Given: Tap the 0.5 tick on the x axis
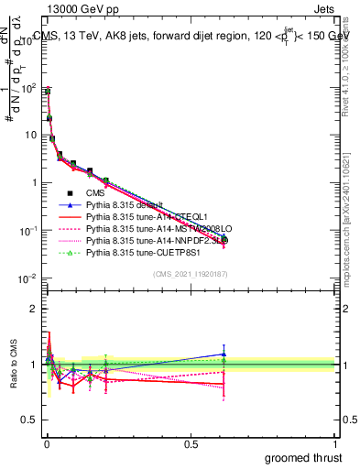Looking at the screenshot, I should click(x=191, y=443).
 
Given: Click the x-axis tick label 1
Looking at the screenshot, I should click(x=334, y=443).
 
